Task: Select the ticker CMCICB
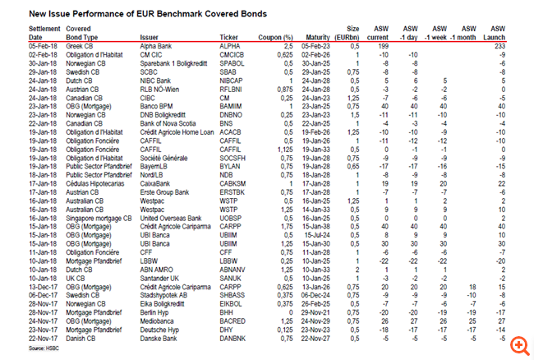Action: pos(234,55)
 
